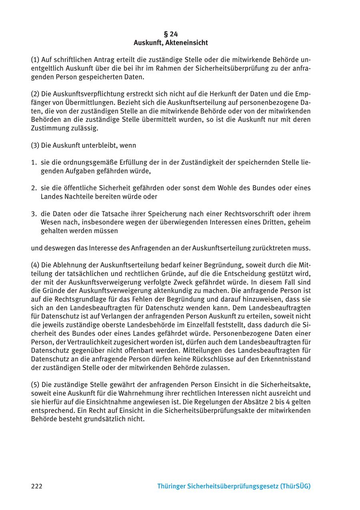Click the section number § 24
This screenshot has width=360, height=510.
[x=171, y=34]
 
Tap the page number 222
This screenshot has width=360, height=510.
[x=36, y=486]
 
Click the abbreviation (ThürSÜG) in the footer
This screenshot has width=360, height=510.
[x=296, y=486]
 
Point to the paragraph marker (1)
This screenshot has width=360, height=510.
[x=35, y=60]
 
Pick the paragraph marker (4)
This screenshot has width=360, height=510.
[x=35, y=265]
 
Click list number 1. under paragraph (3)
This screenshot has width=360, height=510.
[x=34, y=162]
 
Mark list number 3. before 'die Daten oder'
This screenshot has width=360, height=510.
[x=34, y=214]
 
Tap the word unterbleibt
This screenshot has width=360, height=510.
[x=100, y=145]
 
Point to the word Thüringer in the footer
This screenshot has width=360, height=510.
[x=173, y=486]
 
